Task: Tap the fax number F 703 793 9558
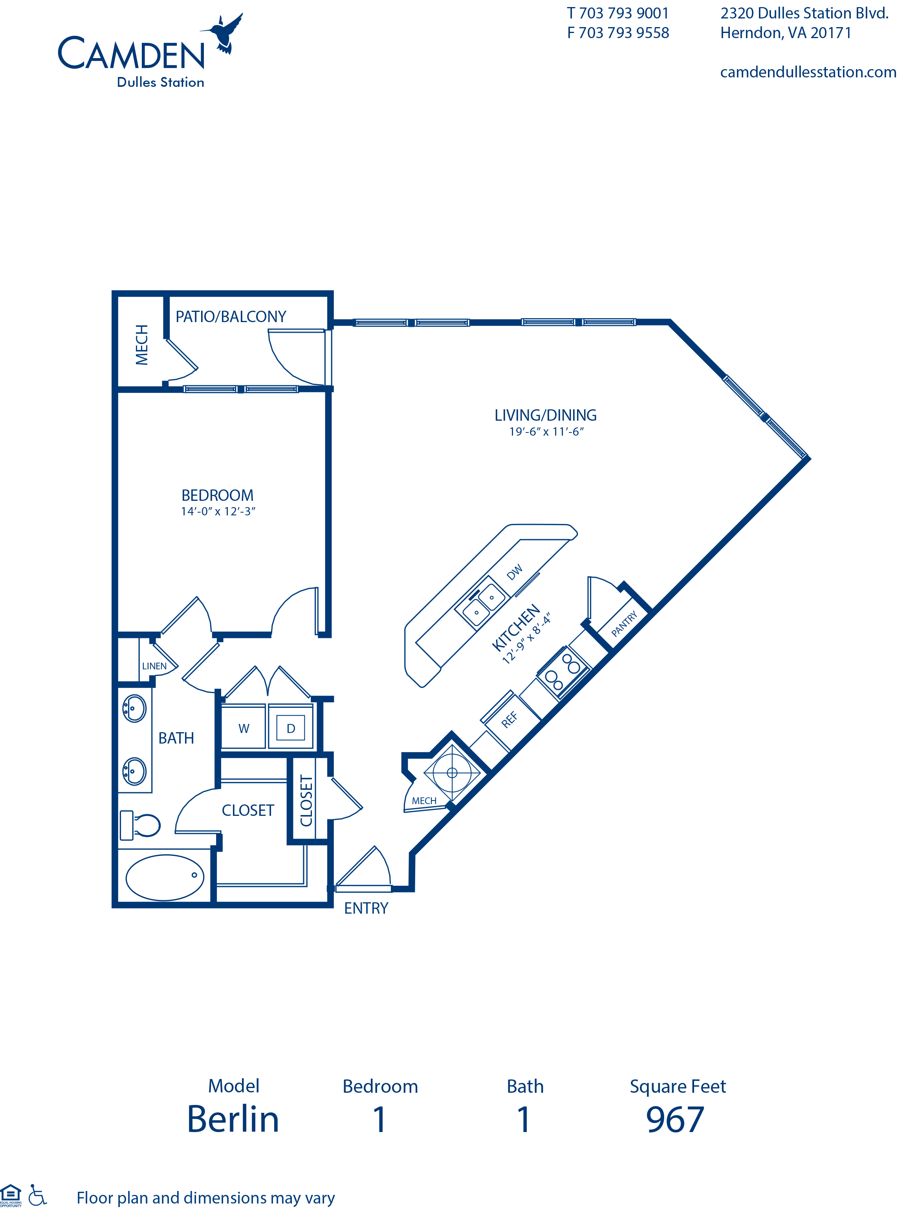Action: [x=618, y=33]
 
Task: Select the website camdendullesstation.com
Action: [x=808, y=72]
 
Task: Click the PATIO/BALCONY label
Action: [x=231, y=317]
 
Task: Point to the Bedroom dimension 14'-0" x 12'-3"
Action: [x=218, y=511]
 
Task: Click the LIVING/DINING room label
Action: [x=545, y=415]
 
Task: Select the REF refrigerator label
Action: [x=509, y=719]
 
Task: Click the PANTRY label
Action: [x=625, y=624]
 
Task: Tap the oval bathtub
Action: [x=165, y=877]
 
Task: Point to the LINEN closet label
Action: [x=154, y=666]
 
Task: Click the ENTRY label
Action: [x=366, y=908]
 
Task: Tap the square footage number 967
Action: [x=675, y=1120]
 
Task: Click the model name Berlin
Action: [x=233, y=1119]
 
